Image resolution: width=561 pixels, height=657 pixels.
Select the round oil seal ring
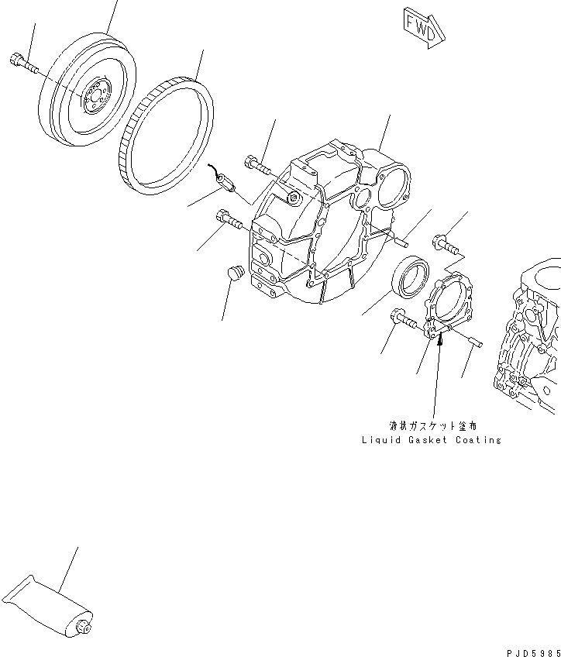[411, 276]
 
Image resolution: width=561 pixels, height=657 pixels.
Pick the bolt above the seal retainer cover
[446, 244]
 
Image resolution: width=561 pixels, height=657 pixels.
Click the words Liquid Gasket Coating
[431, 440]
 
